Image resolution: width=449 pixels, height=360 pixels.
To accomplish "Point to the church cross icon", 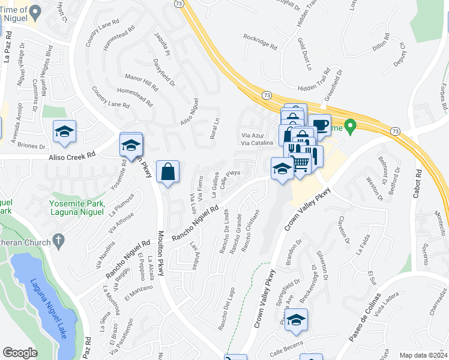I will coord(58,242).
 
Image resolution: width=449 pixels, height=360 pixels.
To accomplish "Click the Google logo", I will coord(20,353).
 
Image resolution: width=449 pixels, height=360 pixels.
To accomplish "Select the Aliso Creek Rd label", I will coord(71,155).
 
